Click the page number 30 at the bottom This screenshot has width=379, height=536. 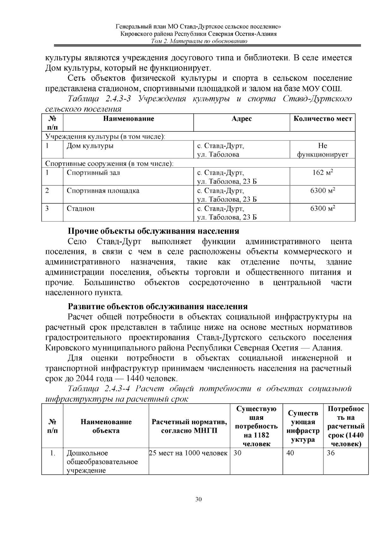[x=198, y=499]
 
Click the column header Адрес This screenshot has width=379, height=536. [x=242, y=119]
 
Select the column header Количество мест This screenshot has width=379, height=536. [x=322, y=119]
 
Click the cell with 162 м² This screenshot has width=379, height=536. [x=322, y=173]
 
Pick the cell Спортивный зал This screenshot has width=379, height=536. [x=93, y=173]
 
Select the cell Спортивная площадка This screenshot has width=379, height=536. [x=103, y=191]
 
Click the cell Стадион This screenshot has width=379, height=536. [x=81, y=208]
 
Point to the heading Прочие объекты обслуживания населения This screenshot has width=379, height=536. [x=153, y=231]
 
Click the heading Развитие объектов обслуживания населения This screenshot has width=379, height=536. [x=158, y=307]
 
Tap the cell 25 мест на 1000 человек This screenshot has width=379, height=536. [x=189, y=453]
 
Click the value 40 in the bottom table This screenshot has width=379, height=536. [x=290, y=453]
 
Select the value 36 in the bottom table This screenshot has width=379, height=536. [x=331, y=453]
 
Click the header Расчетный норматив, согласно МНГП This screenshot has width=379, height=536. [x=189, y=426]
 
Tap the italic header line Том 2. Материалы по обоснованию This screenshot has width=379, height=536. [x=199, y=41]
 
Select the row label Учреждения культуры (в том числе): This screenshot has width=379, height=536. [x=105, y=137]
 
